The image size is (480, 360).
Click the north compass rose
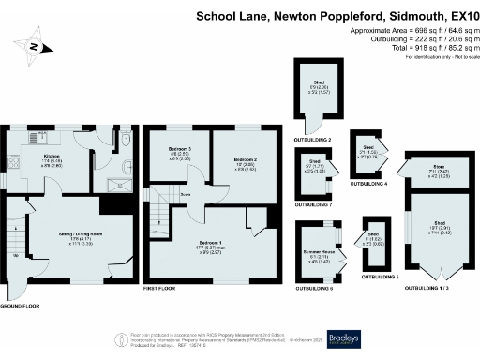click(35, 46)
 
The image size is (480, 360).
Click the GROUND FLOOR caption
click(20, 307)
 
